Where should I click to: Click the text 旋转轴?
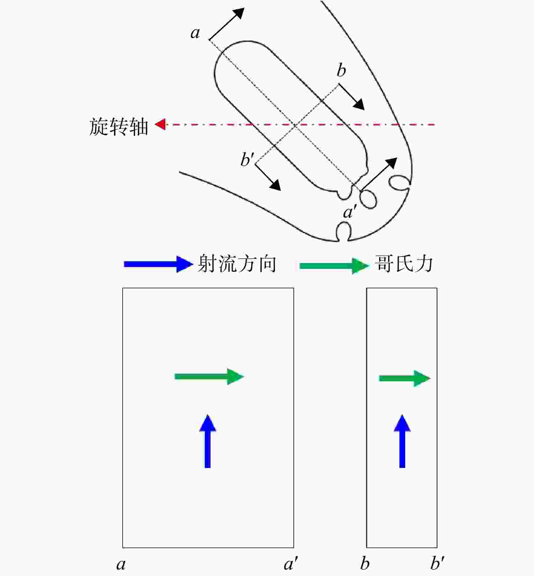(x=119, y=126)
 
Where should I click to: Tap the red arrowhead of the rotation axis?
(x=160, y=124)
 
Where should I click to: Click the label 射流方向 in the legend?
(x=237, y=264)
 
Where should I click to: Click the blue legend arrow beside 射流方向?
(x=158, y=264)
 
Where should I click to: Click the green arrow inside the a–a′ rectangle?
(x=209, y=377)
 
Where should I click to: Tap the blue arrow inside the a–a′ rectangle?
(x=208, y=441)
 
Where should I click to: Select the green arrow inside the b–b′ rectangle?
(x=405, y=378)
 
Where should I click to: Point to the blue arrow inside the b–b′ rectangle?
(x=402, y=441)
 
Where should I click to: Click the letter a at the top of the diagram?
(x=195, y=33)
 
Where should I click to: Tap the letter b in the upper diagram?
(x=341, y=70)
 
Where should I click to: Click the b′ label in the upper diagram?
(x=247, y=159)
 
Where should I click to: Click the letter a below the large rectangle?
(x=121, y=564)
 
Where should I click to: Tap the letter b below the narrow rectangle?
(x=365, y=563)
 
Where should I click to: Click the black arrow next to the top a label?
(x=227, y=23)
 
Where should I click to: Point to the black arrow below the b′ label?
(x=268, y=177)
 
